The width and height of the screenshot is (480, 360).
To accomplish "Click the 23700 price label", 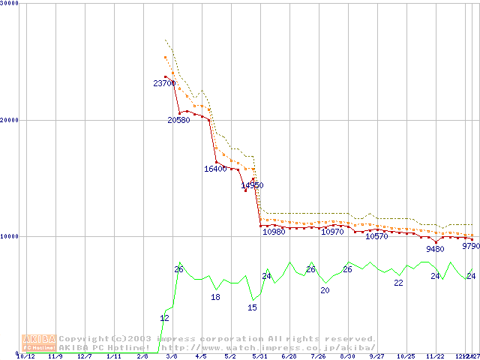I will [164, 83].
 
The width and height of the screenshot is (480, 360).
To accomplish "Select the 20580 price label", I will [178, 120].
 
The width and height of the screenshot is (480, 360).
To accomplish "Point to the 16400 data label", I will [215, 169].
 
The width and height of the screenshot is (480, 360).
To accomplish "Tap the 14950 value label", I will [252, 185].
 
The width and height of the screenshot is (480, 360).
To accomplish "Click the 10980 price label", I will [274, 232].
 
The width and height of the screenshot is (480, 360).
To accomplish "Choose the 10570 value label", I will [376, 236].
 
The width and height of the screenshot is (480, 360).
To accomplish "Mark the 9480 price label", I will [435, 249].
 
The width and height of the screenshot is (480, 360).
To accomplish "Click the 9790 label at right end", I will [471, 246].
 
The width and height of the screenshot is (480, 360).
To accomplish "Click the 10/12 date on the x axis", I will [25, 356].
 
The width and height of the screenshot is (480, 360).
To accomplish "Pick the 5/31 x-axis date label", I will [259, 356].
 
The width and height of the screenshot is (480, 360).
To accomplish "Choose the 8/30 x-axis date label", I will [347, 356].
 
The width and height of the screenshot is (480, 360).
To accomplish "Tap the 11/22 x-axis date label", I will [435, 356].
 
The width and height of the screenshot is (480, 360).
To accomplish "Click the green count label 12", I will [164, 319].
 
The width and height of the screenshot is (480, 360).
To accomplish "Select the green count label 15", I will [252, 307].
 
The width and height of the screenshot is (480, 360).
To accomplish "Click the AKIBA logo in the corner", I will [39, 343].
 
